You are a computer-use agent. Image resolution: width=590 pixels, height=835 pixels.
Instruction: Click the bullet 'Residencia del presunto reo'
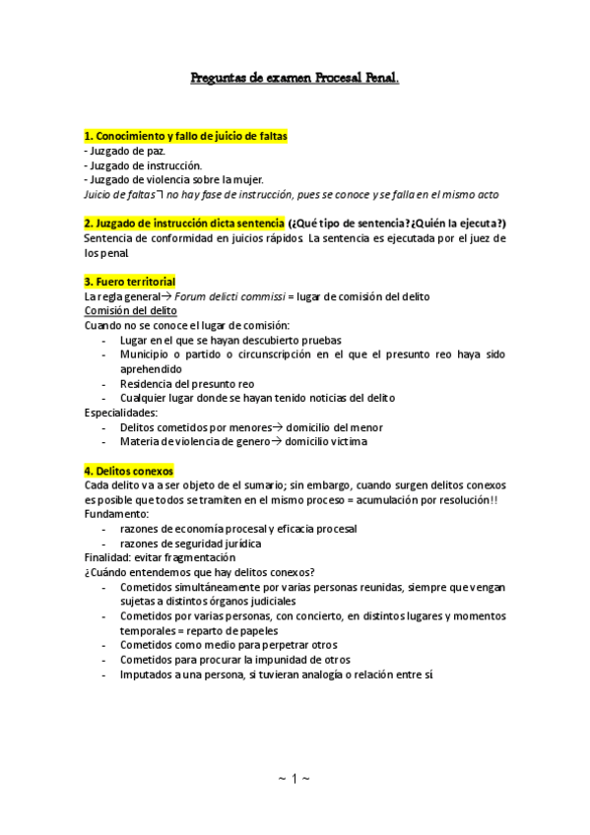click(x=187, y=383)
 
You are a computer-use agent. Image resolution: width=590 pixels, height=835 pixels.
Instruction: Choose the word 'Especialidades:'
click(x=121, y=413)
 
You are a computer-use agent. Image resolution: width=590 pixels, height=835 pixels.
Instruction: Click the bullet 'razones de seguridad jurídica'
click(x=191, y=543)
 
